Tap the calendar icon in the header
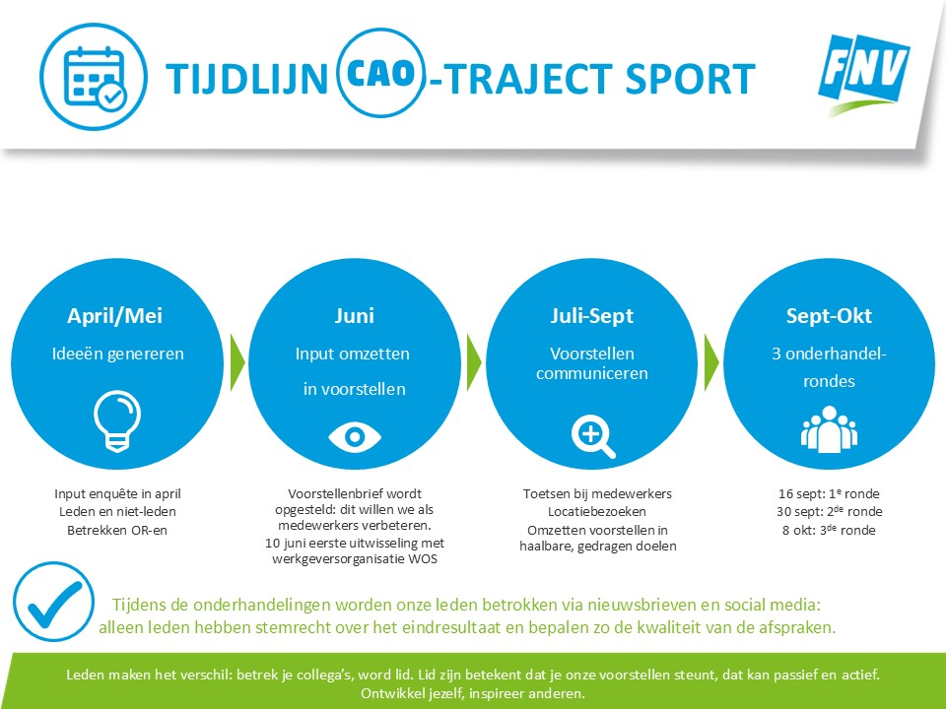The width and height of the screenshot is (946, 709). coord(94,77)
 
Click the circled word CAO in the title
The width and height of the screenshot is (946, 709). coord(381,73)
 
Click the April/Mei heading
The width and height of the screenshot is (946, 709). coord(114,315)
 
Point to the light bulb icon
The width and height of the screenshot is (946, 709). coord(117,421)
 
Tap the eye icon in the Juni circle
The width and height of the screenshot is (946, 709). coord(354,436)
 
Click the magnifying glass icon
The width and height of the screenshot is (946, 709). coord(593,436)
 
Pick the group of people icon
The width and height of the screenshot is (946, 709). coord(829,429)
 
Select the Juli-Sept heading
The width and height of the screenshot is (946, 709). coord(592,315)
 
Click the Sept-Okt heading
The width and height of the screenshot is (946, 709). coord(829,315)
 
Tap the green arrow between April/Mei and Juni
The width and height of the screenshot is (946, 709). coord(237,362)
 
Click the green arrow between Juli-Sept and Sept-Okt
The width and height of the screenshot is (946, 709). coord(711,362)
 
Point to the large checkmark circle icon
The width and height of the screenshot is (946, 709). coord(53,601)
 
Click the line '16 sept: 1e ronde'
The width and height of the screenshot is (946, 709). coord(829,493)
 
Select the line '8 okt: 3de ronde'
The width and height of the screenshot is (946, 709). coord(829,530)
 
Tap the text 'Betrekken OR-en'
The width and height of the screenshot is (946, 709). coord(117,530)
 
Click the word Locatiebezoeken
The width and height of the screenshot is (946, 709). coord(597,511)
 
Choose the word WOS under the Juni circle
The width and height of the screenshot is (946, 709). coord(423,558)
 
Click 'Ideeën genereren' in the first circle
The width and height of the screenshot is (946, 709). coord(117,354)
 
